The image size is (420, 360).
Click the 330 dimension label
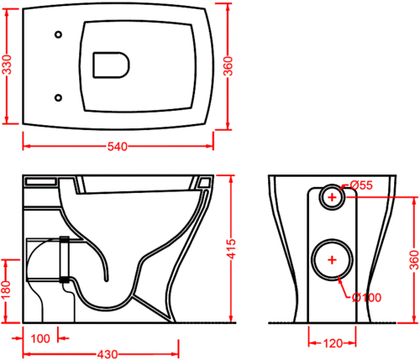(x=8, y=65)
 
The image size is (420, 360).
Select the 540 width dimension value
(x=118, y=147)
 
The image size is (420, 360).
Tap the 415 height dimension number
(x=232, y=249)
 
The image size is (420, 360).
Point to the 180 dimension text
(x=6, y=290)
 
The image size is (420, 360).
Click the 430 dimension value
(x=108, y=355)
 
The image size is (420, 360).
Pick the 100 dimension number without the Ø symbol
(x=40, y=339)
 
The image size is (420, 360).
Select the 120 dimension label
(x=333, y=343)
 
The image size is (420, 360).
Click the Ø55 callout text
(x=361, y=185)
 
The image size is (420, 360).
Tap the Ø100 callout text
(x=367, y=298)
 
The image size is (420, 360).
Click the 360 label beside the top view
(x=228, y=66)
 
